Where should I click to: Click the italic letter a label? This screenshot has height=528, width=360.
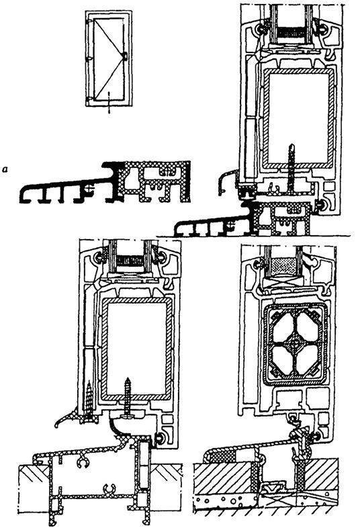pos(5,169)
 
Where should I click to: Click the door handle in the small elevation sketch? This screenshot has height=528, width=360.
pos(125,56)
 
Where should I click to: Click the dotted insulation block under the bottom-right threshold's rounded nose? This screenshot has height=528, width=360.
pos(222,457)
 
